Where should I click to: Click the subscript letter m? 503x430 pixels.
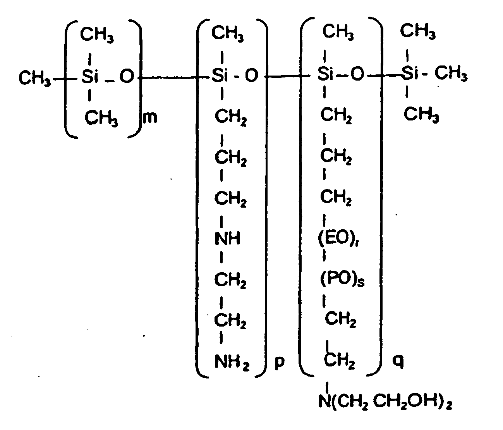pos(150,117)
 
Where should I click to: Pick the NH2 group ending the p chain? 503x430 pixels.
pos(232,362)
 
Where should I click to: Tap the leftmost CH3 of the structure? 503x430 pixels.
pos(34,78)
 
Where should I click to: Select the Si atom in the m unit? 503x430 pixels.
pos(90,76)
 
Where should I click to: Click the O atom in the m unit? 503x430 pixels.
pos(127,76)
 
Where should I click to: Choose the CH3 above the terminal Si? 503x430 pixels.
pos(418,31)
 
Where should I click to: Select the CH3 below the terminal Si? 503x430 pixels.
pos(421,114)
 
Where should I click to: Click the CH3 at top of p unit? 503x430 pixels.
pos(227,34)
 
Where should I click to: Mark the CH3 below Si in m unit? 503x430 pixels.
pos(101,118)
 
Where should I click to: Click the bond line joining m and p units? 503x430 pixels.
pos(174,78)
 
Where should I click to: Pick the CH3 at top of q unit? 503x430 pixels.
pos(338,32)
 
